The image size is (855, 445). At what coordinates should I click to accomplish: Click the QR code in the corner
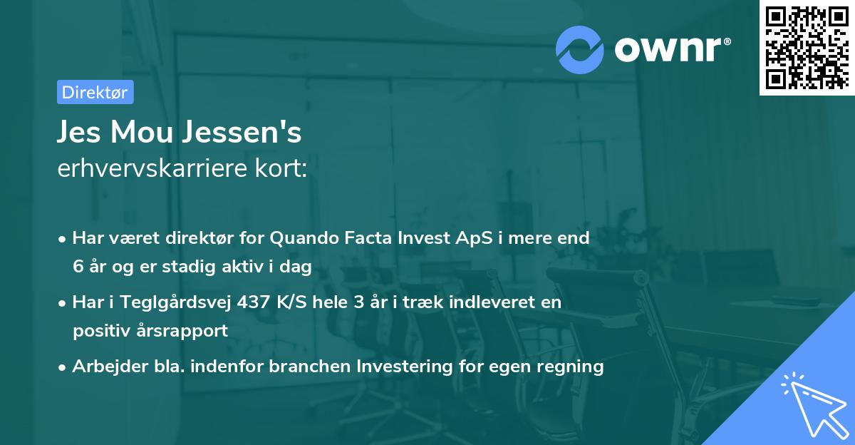807,47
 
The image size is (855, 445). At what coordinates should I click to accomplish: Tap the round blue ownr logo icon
580,49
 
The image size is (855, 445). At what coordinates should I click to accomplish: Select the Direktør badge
95,92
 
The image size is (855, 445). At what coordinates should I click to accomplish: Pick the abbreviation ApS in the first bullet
470,238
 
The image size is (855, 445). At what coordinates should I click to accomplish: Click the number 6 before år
78,267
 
